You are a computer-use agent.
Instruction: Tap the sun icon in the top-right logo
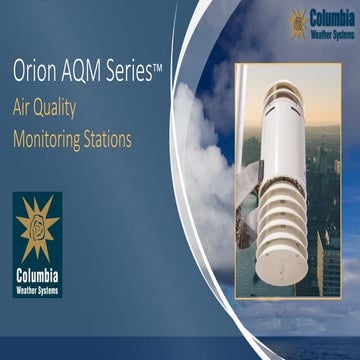(299, 22)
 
